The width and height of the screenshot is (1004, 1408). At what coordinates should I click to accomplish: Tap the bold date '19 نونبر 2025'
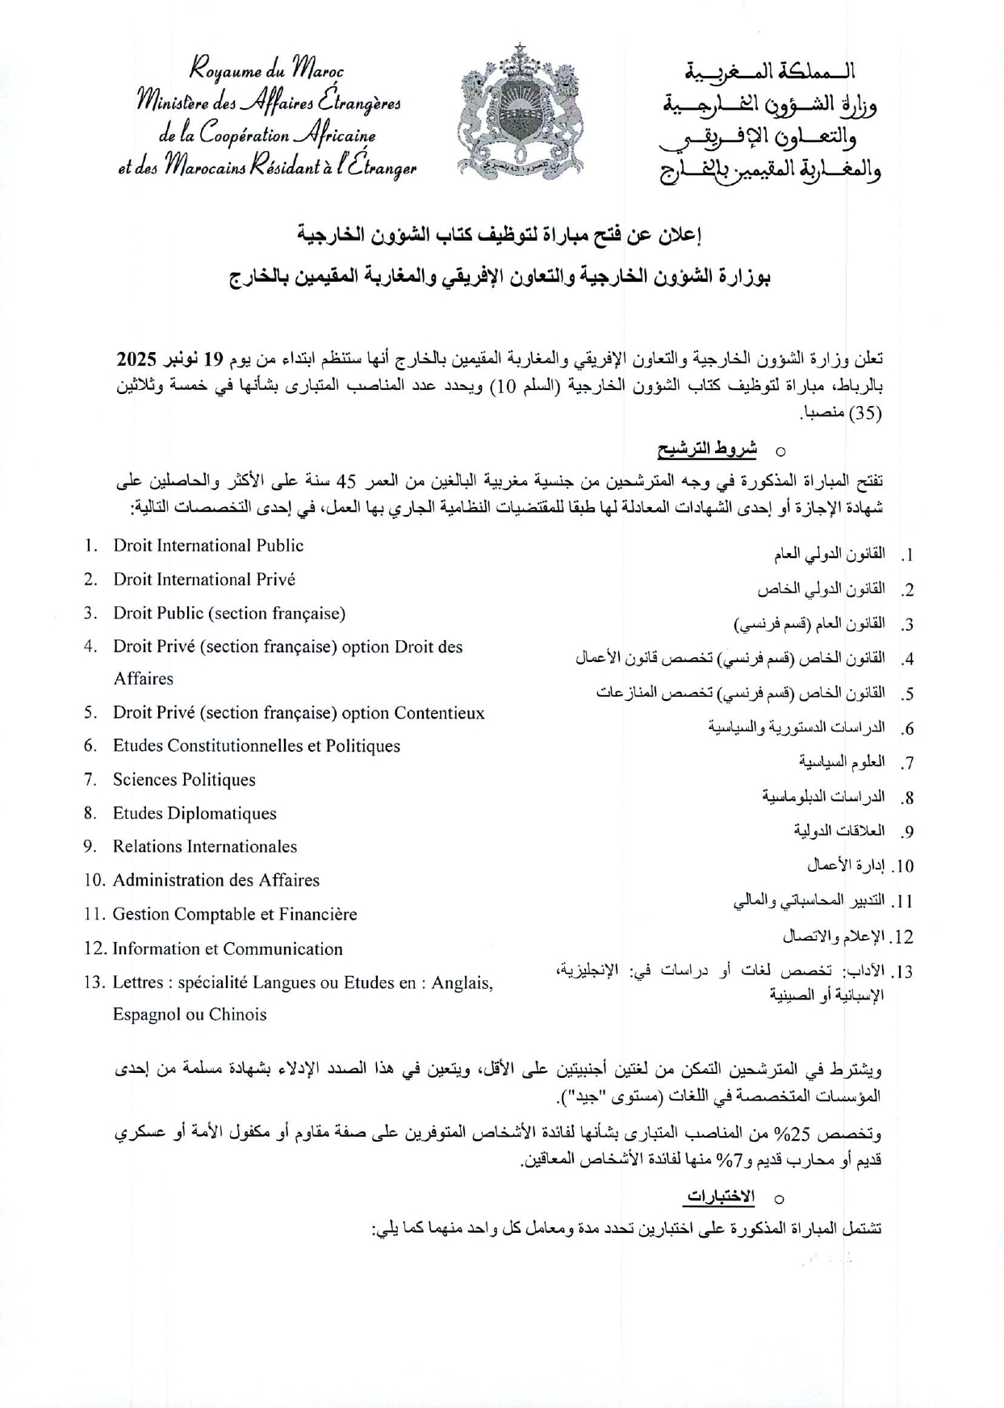point(169,358)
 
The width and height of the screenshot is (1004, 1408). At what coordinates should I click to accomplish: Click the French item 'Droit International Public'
point(208,546)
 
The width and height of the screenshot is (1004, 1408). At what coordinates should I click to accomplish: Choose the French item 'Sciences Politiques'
point(184,780)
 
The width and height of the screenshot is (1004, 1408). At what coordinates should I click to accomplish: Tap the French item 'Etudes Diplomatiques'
point(195,814)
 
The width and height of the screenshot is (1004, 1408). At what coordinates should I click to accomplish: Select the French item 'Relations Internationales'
point(205,847)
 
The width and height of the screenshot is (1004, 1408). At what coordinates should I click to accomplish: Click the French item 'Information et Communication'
point(228,949)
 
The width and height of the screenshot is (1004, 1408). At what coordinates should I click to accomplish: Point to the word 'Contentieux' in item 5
point(439,714)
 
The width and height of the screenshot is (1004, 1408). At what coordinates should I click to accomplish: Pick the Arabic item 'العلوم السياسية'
point(842,762)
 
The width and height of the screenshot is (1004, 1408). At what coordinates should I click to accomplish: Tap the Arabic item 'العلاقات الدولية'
point(839,831)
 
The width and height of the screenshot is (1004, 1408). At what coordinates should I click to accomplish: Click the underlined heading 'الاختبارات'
point(721,1197)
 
